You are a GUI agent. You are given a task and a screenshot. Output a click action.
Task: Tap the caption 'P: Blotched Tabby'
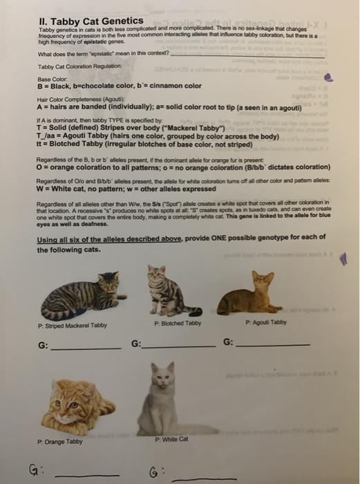coord(178,323)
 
